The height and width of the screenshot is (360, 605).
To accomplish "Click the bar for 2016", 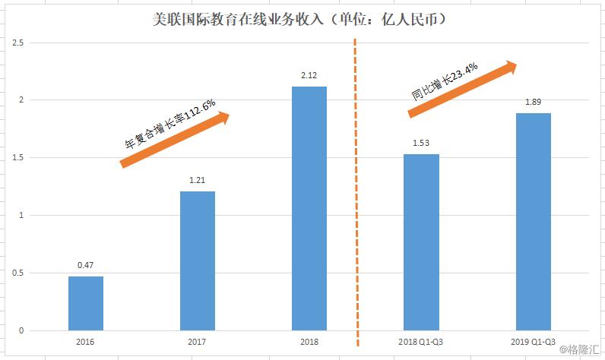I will tap(85, 303).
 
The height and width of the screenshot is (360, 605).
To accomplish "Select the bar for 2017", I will tap(197, 261).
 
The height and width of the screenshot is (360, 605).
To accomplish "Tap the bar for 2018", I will tap(309, 208).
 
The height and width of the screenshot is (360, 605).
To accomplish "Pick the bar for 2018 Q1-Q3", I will tap(420, 242).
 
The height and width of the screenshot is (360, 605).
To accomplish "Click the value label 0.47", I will tap(85, 265).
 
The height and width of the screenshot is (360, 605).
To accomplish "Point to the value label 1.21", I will tap(197, 180).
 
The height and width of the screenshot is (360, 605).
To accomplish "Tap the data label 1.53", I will tap(420, 143).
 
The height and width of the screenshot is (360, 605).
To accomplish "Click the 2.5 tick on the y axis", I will tap(17, 43).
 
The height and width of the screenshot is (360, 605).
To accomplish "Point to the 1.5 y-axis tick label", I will tap(17, 158).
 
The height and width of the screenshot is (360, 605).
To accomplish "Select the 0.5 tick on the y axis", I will tap(17, 273).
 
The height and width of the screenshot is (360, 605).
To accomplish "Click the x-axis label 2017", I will tap(197, 343).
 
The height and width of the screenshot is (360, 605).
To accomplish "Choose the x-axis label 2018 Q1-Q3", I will tap(420, 343).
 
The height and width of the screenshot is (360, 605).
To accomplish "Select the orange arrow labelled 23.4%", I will tap(462, 89).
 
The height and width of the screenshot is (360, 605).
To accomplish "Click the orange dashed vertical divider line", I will tap(356, 190).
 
